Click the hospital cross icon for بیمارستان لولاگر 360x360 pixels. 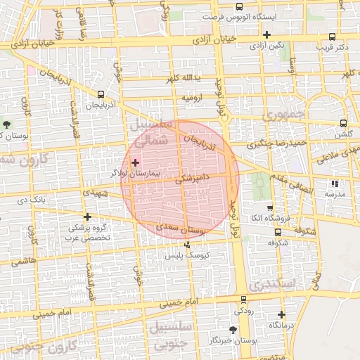coord(136,162)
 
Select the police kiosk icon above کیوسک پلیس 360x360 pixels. coord(187,245)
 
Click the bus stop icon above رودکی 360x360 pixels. coord(244,300)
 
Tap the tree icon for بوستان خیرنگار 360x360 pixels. coord(233,329)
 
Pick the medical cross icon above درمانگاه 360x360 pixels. coord(282,314)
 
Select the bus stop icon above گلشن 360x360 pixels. coord(343,122)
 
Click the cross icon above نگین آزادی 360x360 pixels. coord(266,34)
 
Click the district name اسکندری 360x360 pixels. coord(267,283)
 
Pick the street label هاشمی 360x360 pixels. coord(23,259)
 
